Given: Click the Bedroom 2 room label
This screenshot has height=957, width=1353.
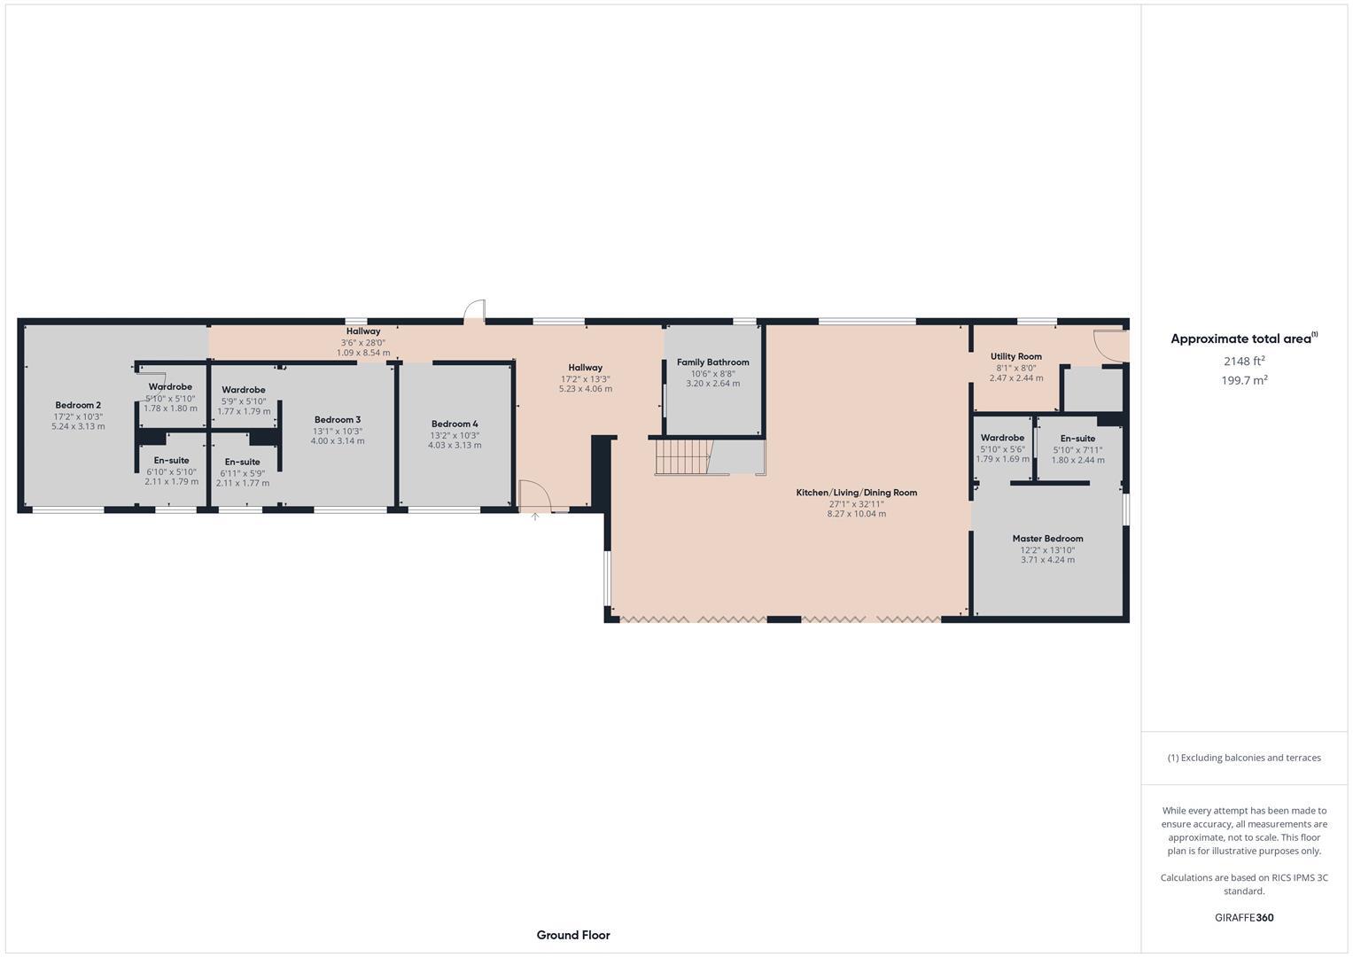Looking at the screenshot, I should click(78, 405).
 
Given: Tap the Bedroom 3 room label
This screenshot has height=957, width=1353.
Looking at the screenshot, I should click(338, 420).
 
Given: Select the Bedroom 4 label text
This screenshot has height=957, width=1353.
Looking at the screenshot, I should click(455, 424).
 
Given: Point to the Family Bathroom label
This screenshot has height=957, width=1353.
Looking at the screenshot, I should click(712, 362).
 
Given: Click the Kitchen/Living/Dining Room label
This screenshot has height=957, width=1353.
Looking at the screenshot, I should click(856, 493).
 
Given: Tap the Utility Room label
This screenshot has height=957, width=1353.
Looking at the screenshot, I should click(1015, 356).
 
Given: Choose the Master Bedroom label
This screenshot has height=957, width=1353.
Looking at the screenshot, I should click(1047, 539).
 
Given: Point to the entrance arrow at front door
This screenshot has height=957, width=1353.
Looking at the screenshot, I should click(534, 516).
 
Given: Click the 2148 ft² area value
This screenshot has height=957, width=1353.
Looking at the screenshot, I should click(1244, 361).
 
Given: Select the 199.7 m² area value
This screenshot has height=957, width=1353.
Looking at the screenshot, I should click(1244, 380).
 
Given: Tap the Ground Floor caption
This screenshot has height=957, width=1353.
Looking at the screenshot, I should click(572, 935).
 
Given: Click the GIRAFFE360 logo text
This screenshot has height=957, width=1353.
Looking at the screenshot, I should click(1244, 917).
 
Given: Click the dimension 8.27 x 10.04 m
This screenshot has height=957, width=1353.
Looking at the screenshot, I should click(856, 514).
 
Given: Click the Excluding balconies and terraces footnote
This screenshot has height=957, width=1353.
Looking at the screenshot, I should click(1244, 758).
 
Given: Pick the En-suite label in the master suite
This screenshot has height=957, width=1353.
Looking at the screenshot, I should click(1077, 439).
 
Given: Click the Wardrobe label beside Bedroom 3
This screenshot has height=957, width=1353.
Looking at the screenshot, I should click(244, 390).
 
